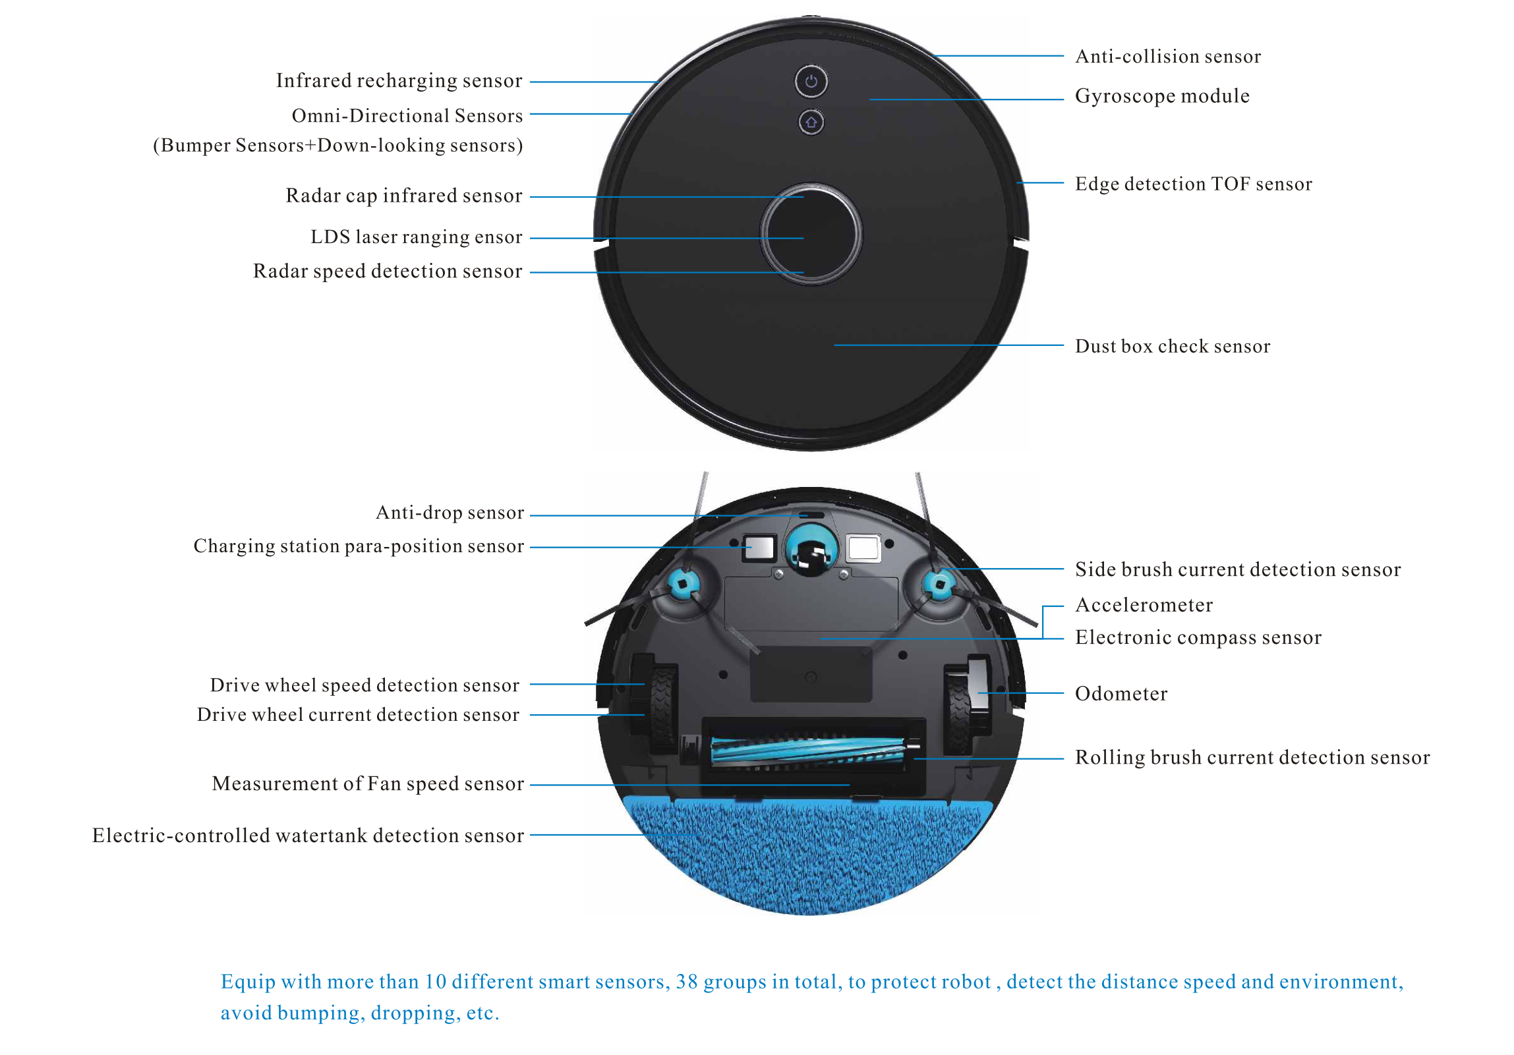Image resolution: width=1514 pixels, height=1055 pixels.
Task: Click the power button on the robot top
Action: [x=811, y=82]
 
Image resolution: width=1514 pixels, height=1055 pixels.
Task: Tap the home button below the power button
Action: [x=811, y=123]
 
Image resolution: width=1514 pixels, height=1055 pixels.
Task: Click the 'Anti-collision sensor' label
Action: [x=1168, y=57]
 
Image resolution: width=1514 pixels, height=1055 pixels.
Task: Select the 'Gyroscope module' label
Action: [x=1162, y=96]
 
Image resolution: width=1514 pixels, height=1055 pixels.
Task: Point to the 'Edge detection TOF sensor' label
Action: [x=1193, y=184]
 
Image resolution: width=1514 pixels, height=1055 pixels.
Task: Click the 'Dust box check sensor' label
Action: [x=1173, y=347]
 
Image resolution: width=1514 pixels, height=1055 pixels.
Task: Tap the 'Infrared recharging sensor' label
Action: [x=399, y=80]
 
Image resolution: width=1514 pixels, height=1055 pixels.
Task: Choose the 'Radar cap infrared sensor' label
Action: [x=403, y=196]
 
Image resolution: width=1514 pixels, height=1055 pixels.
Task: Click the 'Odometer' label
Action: [x=1121, y=694]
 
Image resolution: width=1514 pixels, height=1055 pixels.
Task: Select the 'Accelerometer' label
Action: [x=1144, y=606]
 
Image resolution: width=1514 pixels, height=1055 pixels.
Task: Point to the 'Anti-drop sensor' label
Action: [x=450, y=513]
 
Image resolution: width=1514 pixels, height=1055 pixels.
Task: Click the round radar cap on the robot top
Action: [x=811, y=234]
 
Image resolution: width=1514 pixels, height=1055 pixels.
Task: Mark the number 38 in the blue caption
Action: [x=686, y=982]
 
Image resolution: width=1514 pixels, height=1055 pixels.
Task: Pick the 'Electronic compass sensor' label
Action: [x=1198, y=638]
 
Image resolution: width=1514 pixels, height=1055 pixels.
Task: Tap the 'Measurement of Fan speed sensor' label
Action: [x=368, y=784]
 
